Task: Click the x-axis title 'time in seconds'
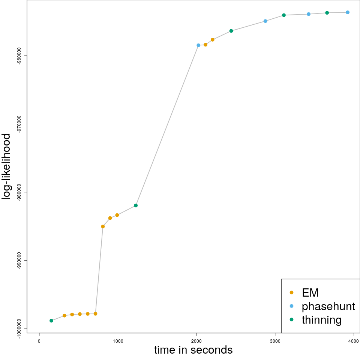tap(193, 350)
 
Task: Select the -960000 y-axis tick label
tap(19, 56)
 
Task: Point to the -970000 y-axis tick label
tap(19, 124)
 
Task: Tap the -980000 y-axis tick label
tap(19, 192)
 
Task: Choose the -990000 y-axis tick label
tap(19, 261)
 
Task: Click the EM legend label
tap(310, 292)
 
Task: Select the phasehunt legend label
tap(328, 306)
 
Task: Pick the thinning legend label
tap(322, 320)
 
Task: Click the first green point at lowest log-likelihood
tap(51, 321)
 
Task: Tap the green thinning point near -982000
tap(136, 205)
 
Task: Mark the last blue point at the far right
tap(348, 12)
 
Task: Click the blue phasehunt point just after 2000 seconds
tap(198, 45)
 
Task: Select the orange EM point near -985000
tap(103, 226)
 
